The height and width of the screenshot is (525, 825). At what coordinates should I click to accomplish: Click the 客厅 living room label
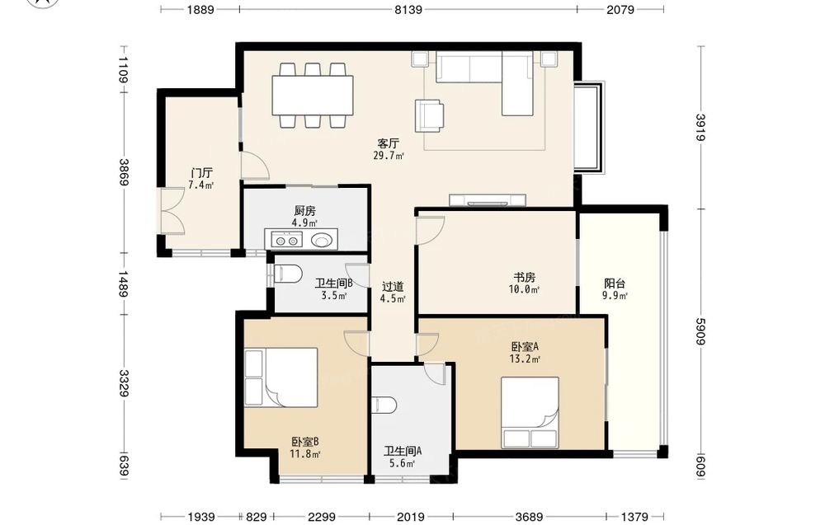click(x=389, y=143)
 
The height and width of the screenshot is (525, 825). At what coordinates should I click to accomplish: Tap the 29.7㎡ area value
click(x=389, y=156)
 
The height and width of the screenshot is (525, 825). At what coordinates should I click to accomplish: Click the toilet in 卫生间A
click(x=384, y=405)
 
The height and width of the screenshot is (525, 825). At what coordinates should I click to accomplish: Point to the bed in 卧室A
click(x=530, y=413)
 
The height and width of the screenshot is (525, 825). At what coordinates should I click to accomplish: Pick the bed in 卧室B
click(x=281, y=377)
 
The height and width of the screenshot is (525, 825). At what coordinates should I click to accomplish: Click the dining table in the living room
click(x=313, y=96)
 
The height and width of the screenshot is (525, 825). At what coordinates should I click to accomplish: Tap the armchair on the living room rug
click(x=429, y=115)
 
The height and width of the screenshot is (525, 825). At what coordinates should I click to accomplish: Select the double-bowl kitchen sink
click(x=287, y=240)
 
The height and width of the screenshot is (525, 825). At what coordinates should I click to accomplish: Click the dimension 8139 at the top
click(x=408, y=9)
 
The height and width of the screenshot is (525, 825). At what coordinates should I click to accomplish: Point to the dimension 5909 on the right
click(x=700, y=331)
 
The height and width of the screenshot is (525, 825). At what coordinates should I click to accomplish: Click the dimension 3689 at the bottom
click(x=529, y=517)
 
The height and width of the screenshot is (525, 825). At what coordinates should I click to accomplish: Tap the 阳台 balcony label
click(x=615, y=284)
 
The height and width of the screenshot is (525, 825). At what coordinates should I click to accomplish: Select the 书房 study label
click(x=525, y=277)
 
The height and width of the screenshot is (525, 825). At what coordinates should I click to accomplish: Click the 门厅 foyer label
click(x=201, y=173)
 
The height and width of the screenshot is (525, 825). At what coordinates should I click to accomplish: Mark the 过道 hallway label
click(x=393, y=287)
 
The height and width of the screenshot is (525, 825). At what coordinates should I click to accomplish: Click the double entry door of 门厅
click(x=172, y=210)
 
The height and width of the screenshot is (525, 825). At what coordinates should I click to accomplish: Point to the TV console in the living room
click(x=488, y=200)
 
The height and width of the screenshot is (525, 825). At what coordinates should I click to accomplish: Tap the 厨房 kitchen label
click(x=305, y=211)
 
